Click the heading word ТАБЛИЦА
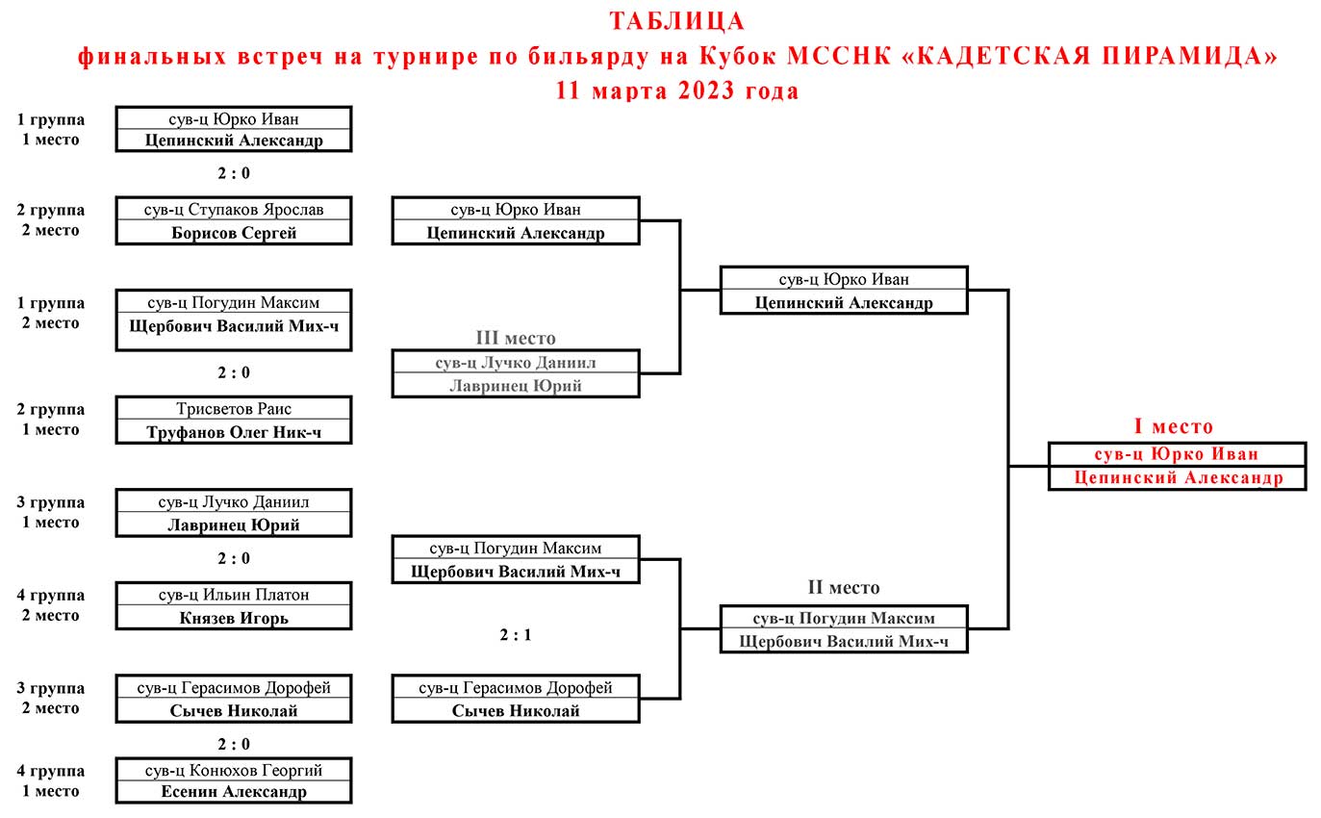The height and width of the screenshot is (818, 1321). pos(677,21)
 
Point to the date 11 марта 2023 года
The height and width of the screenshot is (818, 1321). pos(677,90)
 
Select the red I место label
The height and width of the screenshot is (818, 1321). pos(1174,425)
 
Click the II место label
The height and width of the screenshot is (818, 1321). pos(844,587)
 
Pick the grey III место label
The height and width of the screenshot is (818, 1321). pos(516,338)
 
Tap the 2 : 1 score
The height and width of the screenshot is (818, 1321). pos(516,634)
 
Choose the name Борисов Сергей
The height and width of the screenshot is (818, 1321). pos(234,233)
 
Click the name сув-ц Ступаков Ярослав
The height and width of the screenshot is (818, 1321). pos(234,210)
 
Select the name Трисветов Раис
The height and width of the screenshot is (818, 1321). pos(234,409)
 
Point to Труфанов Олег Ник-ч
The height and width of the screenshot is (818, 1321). pos(234,432)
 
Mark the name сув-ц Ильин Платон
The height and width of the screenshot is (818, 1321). pos(234,595)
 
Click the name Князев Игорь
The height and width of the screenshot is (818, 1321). pos(234,618)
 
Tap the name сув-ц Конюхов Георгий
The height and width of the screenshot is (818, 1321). pos(234,770)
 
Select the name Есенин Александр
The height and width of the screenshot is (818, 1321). pos(234,791)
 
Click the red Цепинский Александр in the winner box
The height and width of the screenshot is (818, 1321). pos(1179,477)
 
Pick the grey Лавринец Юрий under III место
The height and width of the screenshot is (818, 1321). pos(516,386)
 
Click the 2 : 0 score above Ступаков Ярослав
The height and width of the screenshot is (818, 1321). pos(234,173)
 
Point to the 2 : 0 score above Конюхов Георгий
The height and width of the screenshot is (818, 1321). pos(234,744)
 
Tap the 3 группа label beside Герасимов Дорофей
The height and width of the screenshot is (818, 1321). pos(51,688)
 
